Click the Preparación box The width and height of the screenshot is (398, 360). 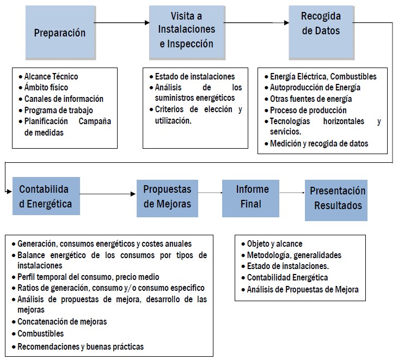tap(60, 33)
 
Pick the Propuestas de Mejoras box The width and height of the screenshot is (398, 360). tap(167, 197)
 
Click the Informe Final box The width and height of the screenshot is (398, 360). tap(253, 197)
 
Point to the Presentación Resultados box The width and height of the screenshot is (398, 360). tap(337, 199)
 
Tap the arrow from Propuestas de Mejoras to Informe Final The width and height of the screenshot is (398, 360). tap(210, 193)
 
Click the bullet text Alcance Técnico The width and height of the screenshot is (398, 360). tap(51, 77)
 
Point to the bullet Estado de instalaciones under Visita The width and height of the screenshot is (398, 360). tap(195, 77)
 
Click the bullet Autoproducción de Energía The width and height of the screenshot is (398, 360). tap(315, 88)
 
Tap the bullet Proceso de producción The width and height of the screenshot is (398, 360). tap(308, 111)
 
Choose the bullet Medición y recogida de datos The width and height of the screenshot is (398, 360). tap(319, 144)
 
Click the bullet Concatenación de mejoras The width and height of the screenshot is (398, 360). tap(62, 322)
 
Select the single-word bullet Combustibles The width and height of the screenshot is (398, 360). tap(41, 333)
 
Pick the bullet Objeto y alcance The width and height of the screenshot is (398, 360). tap(274, 244)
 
